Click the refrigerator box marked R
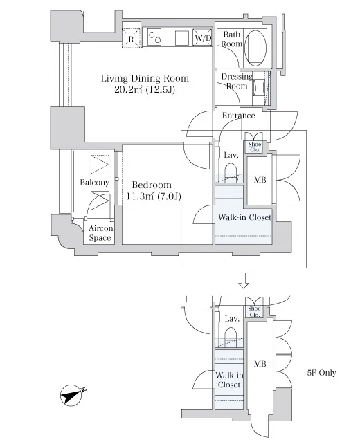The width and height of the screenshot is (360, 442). click(131, 38)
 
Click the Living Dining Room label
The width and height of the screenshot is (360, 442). click(145, 78)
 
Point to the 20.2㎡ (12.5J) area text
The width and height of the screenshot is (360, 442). click(145, 89)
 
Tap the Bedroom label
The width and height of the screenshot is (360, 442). click(152, 185)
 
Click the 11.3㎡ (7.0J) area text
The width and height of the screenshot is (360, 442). click(153, 196)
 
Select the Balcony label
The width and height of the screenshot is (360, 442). click(95, 183)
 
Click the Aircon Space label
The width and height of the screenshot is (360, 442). click(100, 233)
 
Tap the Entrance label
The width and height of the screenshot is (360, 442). click(238, 116)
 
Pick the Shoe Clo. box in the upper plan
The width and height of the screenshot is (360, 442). click(255, 147)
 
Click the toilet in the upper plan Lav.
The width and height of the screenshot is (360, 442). click(231, 174)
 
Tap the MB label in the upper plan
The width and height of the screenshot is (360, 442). click(260, 180)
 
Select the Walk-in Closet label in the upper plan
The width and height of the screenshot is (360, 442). click(244, 217)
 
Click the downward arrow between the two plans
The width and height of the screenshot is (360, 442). click(244, 280)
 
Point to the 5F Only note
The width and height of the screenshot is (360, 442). click(321, 373)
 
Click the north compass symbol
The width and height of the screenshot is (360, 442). click(73, 395)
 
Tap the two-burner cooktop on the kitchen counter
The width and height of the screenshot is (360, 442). click(154, 37)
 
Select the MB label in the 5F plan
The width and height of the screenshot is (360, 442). click(260, 364)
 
